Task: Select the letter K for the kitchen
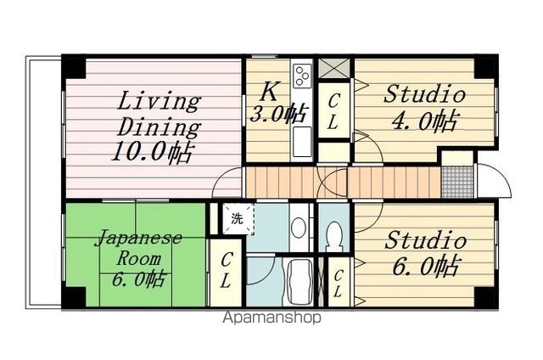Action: click(x=268, y=90)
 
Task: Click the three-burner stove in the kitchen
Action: click(x=302, y=77)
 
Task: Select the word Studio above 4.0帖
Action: click(x=424, y=94)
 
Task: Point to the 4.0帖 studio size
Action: click(x=424, y=121)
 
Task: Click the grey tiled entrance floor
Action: click(x=455, y=181)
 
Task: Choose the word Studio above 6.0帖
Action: click(x=425, y=240)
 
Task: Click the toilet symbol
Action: click(x=334, y=233)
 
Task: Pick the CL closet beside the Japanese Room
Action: click(x=227, y=267)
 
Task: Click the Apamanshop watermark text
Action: click(x=271, y=319)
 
